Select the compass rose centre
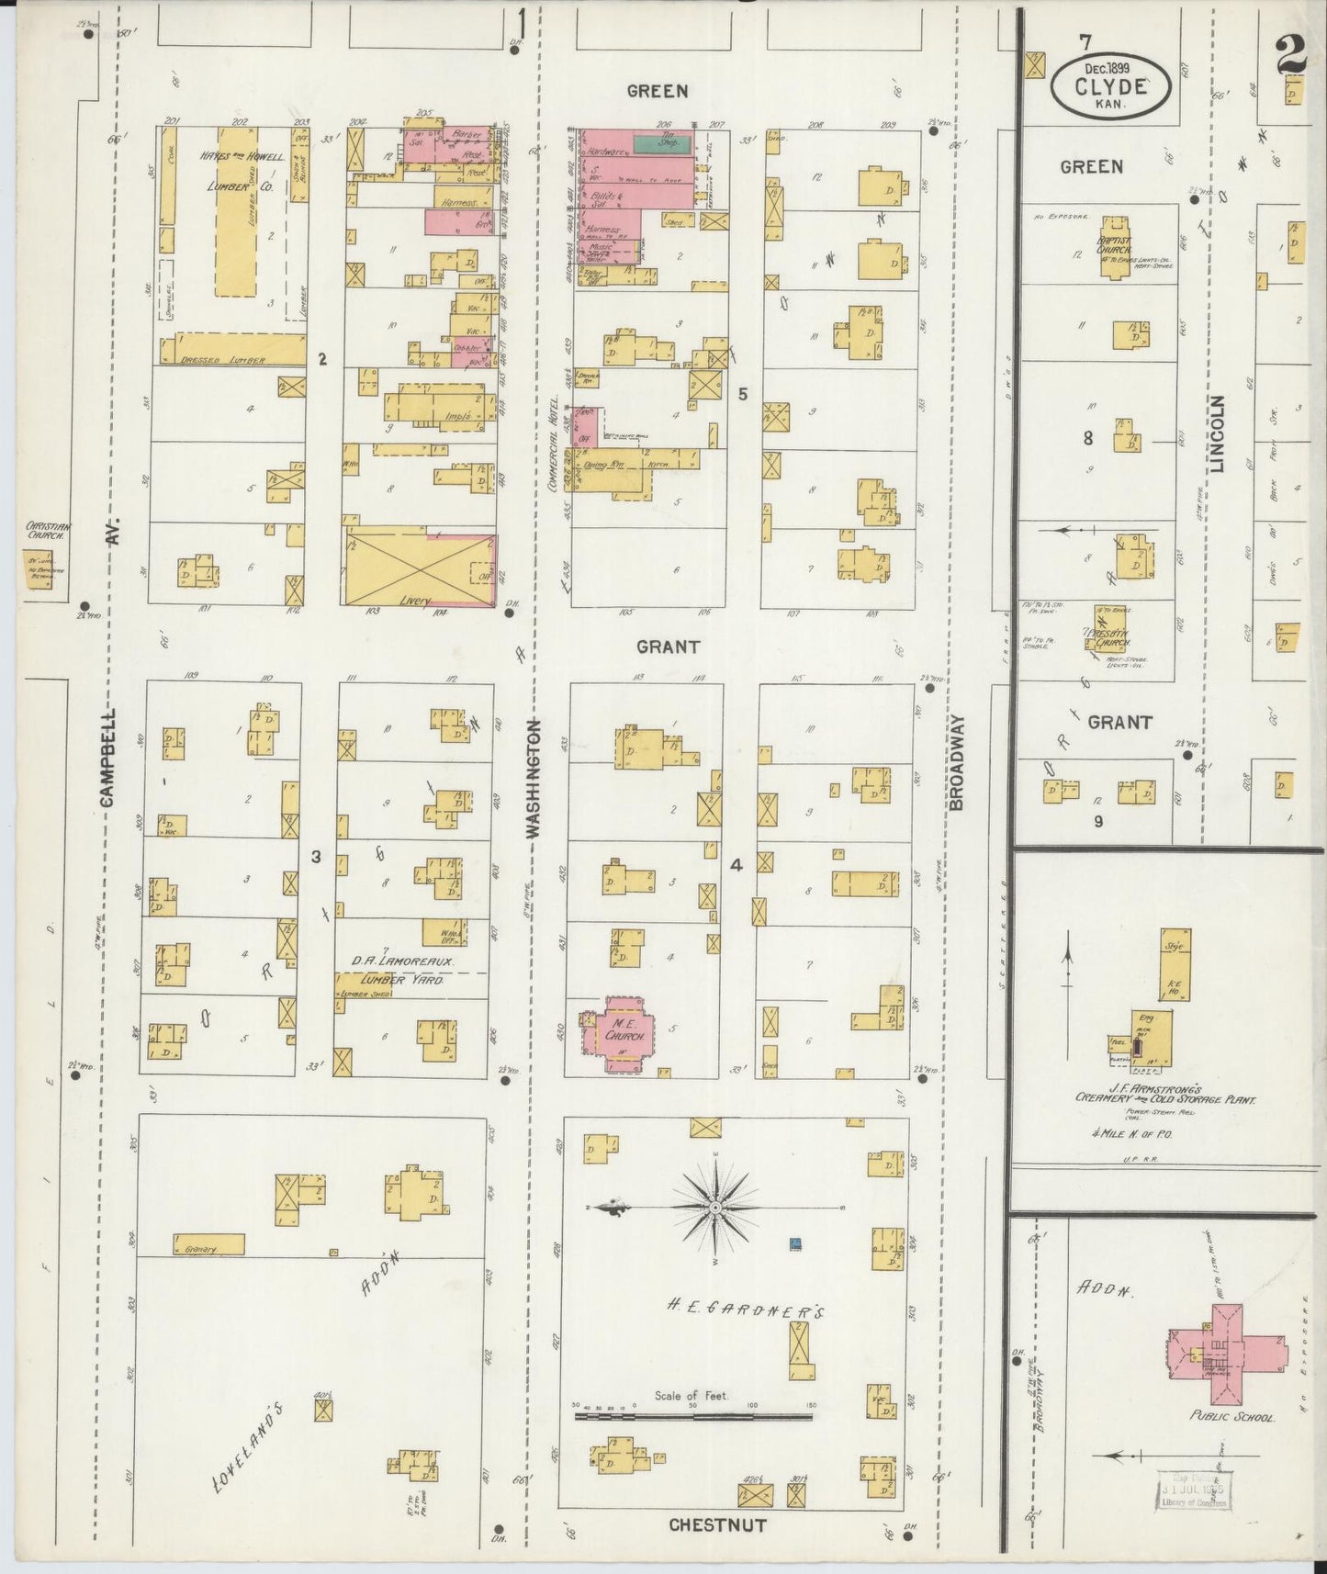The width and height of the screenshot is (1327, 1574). [x=715, y=1206]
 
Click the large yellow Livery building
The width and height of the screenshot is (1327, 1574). [x=419, y=568]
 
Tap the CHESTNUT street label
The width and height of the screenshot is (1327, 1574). [x=717, y=1525]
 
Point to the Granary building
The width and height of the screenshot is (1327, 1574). [x=209, y=1245]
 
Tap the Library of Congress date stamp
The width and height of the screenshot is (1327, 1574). [x=1193, y=1489]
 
